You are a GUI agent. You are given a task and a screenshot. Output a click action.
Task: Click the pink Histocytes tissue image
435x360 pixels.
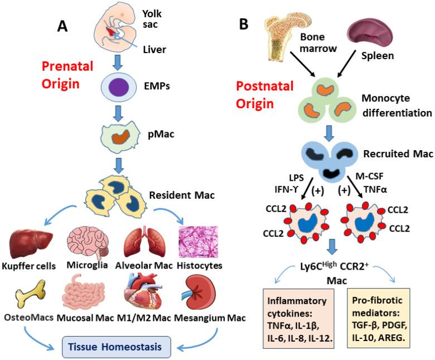coord(197,241)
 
